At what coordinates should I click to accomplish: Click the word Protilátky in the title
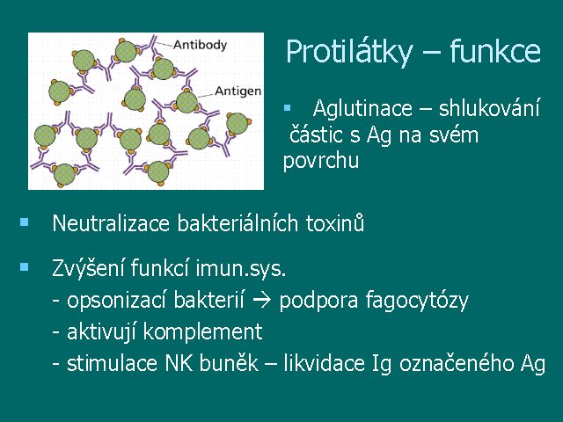348,53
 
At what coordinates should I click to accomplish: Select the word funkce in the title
495,51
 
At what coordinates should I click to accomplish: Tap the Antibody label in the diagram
200,45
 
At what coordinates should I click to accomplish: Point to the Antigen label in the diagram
238,91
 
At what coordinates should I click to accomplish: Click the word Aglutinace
362,107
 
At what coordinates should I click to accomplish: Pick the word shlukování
489,107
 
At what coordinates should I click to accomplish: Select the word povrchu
320,161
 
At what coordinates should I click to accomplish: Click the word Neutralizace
111,223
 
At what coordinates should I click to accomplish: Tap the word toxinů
335,222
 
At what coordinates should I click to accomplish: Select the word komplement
202,332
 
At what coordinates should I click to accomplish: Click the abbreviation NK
178,363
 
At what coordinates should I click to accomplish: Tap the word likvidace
324,363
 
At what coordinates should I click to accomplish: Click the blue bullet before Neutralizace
25,222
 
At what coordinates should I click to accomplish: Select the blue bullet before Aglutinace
287,107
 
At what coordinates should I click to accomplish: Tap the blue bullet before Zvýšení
25,266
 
